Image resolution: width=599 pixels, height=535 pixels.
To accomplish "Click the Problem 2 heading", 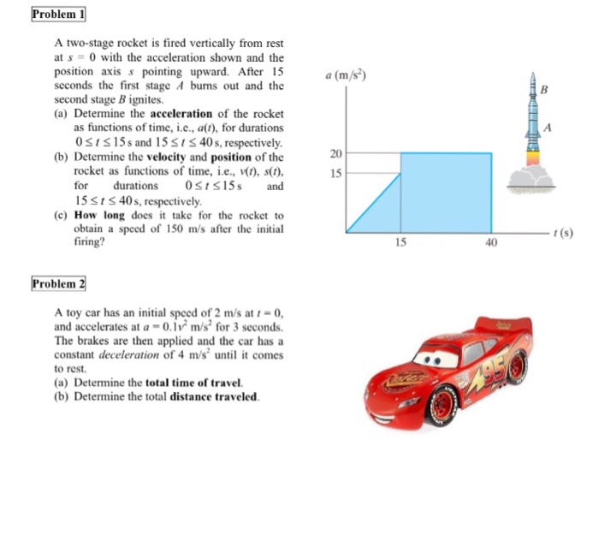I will click(x=59, y=282).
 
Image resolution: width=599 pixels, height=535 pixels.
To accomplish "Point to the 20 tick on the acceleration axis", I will click(x=335, y=154).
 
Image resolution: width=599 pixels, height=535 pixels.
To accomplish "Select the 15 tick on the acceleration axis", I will click(x=335, y=173).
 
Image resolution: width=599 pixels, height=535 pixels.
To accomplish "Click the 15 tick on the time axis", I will click(x=400, y=242).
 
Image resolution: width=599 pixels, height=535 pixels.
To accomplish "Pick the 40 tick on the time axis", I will click(x=490, y=242).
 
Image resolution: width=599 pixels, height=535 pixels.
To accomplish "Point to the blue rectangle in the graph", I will click(x=446, y=193).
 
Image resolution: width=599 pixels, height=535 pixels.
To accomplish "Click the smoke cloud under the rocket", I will click(x=531, y=178).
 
